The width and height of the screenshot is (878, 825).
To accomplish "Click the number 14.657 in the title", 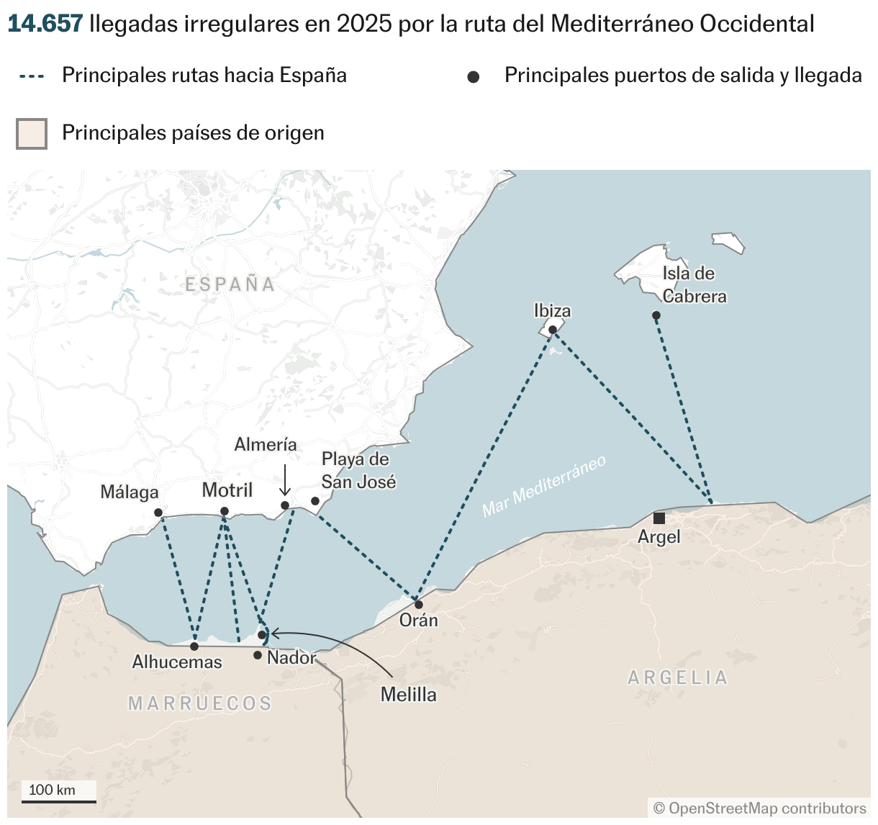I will click(x=45, y=24).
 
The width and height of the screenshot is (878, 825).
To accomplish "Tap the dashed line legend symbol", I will click(x=32, y=76).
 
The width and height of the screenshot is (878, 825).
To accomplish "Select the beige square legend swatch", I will click(x=32, y=134).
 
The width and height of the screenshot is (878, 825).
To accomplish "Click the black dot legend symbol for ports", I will click(x=473, y=77).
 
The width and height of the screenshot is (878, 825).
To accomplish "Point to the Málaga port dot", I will click(x=158, y=513).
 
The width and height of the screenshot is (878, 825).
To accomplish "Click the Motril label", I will click(x=227, y=490).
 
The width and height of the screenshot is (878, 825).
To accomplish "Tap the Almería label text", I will click(x=266, y=445).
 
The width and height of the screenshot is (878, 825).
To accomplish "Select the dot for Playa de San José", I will click(x=315, y=501).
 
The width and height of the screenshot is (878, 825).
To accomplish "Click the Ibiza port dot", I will click(x=552, y=330).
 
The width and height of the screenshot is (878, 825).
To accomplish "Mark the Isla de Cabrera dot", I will click(x=656, y=315).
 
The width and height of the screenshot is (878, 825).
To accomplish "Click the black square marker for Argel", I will click(x=658, y=518).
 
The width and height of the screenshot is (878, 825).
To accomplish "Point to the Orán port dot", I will click(x=419, y=604).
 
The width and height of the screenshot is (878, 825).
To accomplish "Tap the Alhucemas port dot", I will click(x=194, y=646).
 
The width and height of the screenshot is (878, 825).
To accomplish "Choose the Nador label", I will click(x=291, y=657).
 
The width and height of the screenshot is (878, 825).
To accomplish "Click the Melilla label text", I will click(x=408, y=695).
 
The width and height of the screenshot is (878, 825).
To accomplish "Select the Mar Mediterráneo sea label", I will click(x=544, y=486).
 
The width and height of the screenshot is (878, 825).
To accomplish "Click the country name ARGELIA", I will click(x=677, y=677).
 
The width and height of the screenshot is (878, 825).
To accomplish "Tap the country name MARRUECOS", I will click(x=200, y=703).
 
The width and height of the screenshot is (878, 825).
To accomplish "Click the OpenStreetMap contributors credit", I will click(x=759, y=808).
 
